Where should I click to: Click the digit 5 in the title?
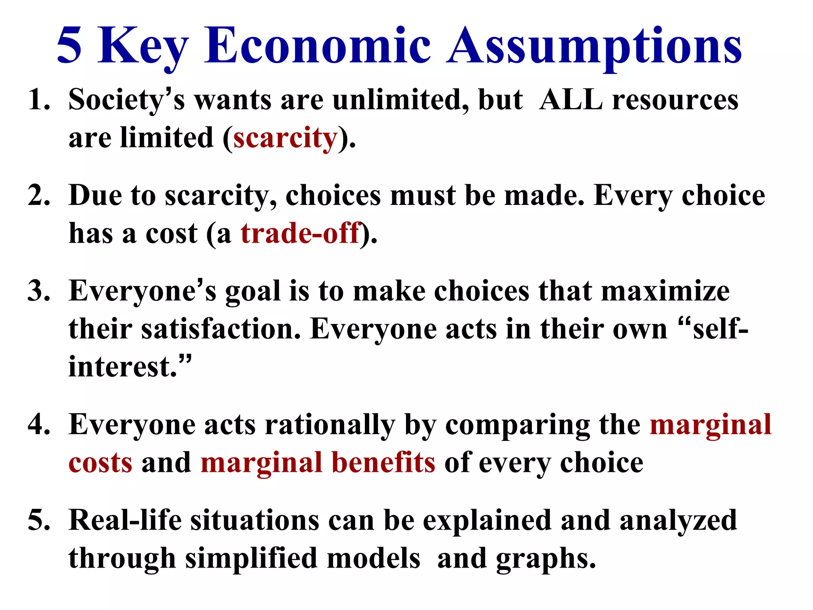[x=69, y=46]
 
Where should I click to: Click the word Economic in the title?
[x=318, y=46]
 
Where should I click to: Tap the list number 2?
[x=39, y=195]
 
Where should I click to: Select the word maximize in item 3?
[x=665, y=291]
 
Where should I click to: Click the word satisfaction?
[x=221, y=330]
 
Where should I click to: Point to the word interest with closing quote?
[x=129, y=366]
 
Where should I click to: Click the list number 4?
[x=39, y=425]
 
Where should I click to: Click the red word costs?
[x=100, y=463]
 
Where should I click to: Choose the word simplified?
[x=251, y=558]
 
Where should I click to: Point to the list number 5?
[x=39, y=520]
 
